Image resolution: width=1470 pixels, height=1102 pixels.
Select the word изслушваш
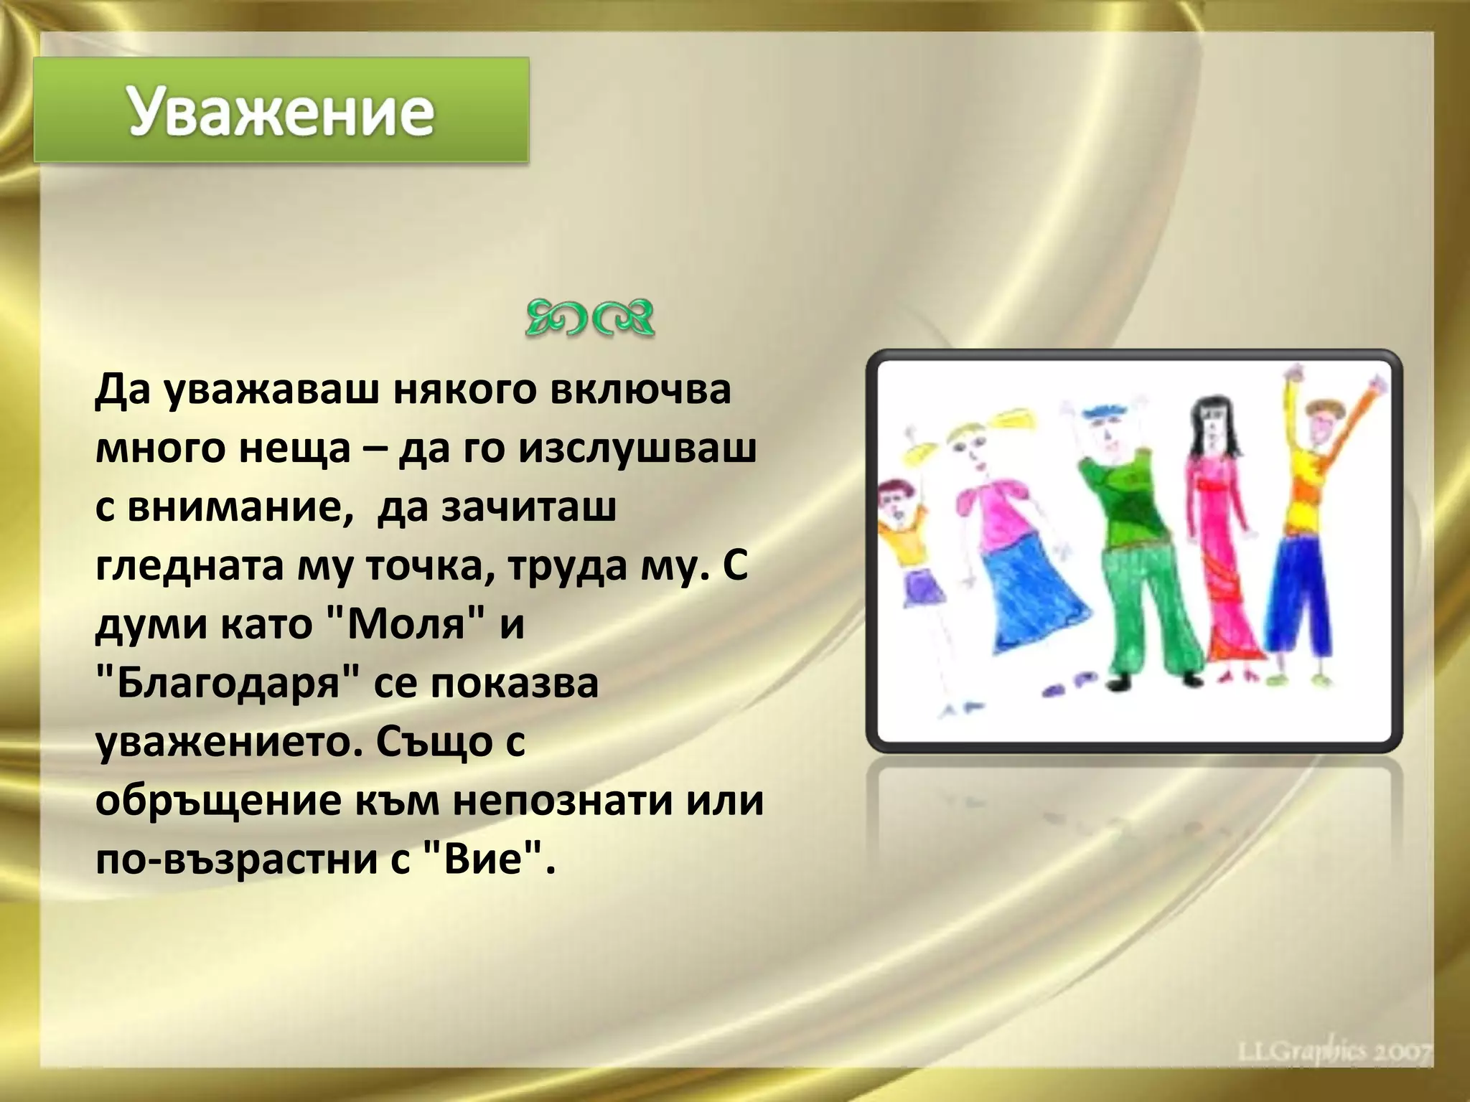[x=637, y=449]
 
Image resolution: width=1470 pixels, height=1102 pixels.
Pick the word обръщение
[x=218, y=801]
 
